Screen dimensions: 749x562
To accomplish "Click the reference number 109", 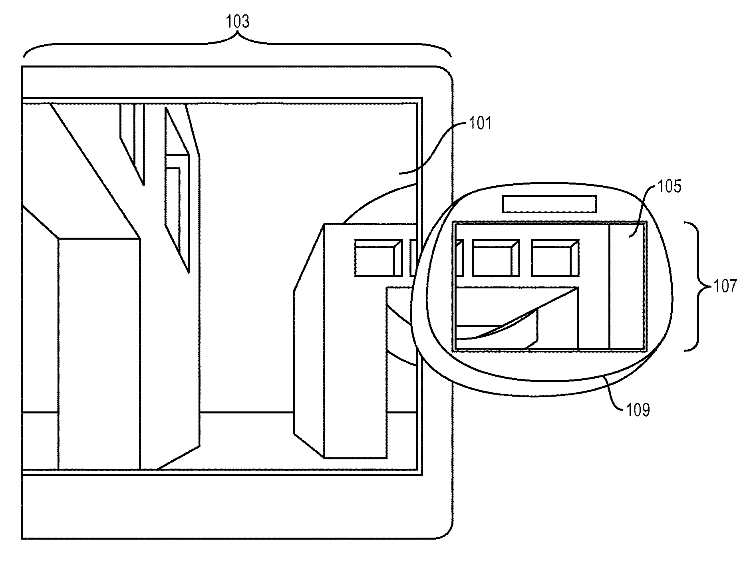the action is click(638, 409).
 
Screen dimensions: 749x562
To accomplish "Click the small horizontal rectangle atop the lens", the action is click(550, 204).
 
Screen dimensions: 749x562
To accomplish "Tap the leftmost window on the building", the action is click(378, 258).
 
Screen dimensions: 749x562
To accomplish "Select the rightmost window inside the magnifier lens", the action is click(555, 258).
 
